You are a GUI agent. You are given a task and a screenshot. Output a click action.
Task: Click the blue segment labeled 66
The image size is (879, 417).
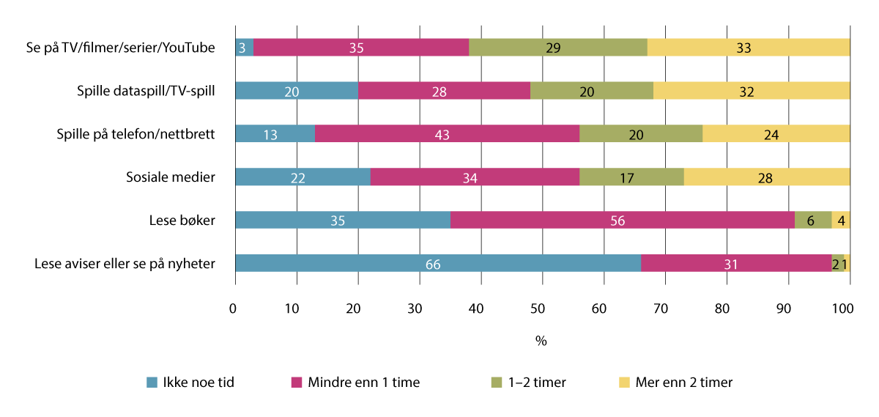click(437, 264)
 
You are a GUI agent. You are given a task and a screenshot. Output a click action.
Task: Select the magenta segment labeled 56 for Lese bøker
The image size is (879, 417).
click(622, 221)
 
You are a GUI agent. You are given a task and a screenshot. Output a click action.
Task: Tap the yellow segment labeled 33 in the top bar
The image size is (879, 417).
click(748, 48)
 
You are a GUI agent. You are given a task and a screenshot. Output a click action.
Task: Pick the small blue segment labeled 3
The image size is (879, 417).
click(244, 48)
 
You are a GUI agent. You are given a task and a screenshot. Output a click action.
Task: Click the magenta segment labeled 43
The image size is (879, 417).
click(446, 134)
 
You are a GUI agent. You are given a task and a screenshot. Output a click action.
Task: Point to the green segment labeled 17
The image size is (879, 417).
click(631, 177)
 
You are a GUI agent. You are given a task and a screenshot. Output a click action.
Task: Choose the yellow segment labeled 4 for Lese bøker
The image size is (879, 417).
click(840, 221)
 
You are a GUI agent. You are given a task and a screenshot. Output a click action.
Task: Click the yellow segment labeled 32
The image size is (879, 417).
click(751, 91)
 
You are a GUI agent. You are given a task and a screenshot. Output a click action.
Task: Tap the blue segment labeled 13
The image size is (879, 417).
click(275, 134)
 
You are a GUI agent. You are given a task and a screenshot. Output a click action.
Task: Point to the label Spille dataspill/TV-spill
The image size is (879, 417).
click(146, 91)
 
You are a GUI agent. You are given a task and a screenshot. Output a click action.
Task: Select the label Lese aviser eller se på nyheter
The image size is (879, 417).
click(125, 264)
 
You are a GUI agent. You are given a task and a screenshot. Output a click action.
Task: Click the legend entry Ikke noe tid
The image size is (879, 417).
click(188, 382)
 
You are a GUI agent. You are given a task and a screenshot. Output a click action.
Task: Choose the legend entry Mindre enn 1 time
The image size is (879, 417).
click(354, 382)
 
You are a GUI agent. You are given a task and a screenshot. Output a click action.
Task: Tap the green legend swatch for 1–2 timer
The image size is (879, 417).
click(496, 382)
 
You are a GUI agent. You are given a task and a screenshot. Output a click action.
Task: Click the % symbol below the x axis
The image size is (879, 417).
click(541, 341)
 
